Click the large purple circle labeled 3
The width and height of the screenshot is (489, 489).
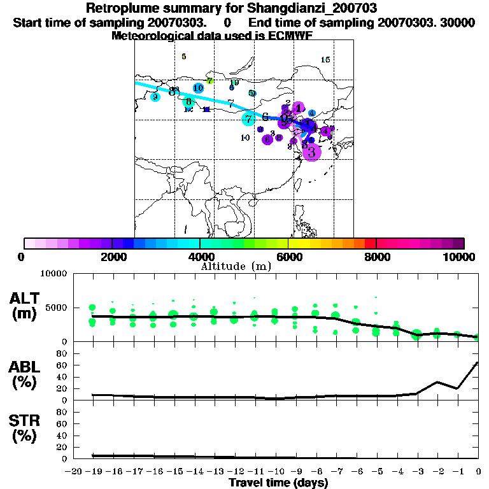[x=312, y=152]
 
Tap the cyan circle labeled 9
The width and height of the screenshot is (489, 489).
[x=155, y=97]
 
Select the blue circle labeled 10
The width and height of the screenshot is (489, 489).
[x=198, y=88]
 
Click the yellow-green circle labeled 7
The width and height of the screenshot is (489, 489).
[x=209, y=81]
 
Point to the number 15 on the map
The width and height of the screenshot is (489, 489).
[x=325, y=60]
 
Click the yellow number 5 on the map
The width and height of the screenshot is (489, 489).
[x=183, y=56]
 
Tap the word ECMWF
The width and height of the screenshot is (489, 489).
[x=292, y=36]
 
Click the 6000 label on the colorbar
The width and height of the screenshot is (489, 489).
[x=288, y=257]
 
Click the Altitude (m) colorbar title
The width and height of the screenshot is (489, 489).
[x=236, y=266]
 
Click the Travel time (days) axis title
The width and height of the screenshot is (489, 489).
[x=278, y=483]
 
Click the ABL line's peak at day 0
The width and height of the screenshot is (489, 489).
[x=478, y=363]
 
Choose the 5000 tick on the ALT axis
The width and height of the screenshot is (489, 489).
[x=57, y=308]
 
